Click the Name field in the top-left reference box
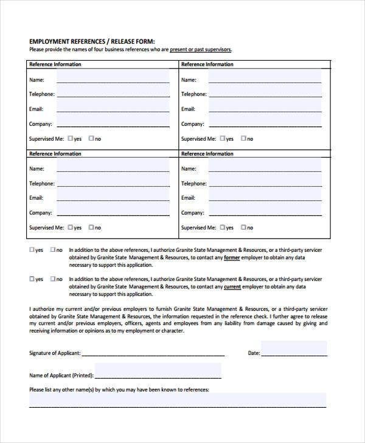point(113,78)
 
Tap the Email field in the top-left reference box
point(113,107)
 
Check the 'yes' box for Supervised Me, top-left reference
point(71,138)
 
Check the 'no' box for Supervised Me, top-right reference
point(243,138)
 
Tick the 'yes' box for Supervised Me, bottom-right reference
point(223,228)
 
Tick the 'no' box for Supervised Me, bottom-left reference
point(91,228)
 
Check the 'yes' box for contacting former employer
point(32,249)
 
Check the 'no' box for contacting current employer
point(53,279)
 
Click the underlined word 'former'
point(231,257)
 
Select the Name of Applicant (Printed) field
point(158,371)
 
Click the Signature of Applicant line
point(153,353)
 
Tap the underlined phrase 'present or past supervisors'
point(200,50)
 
